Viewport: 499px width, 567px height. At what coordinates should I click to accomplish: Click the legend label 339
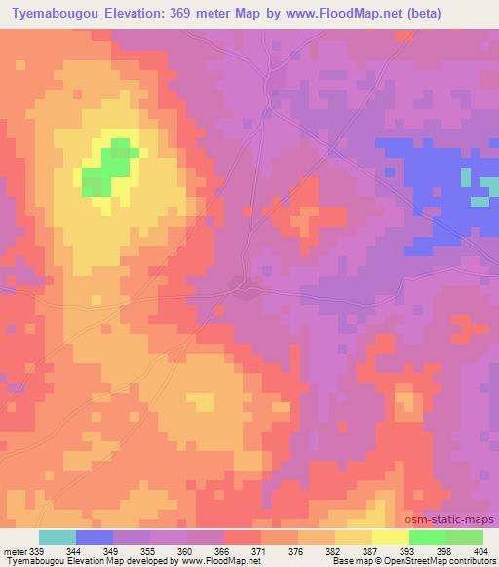[x=36, y=550]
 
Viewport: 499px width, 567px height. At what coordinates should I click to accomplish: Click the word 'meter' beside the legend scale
[x=15, y=550]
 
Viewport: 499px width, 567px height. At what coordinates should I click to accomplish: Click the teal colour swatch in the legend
[x=58, y=537]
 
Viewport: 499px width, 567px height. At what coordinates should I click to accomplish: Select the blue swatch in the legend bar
[x=95, y=537]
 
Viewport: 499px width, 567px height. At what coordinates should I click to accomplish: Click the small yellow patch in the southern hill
[x=201, y=401]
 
